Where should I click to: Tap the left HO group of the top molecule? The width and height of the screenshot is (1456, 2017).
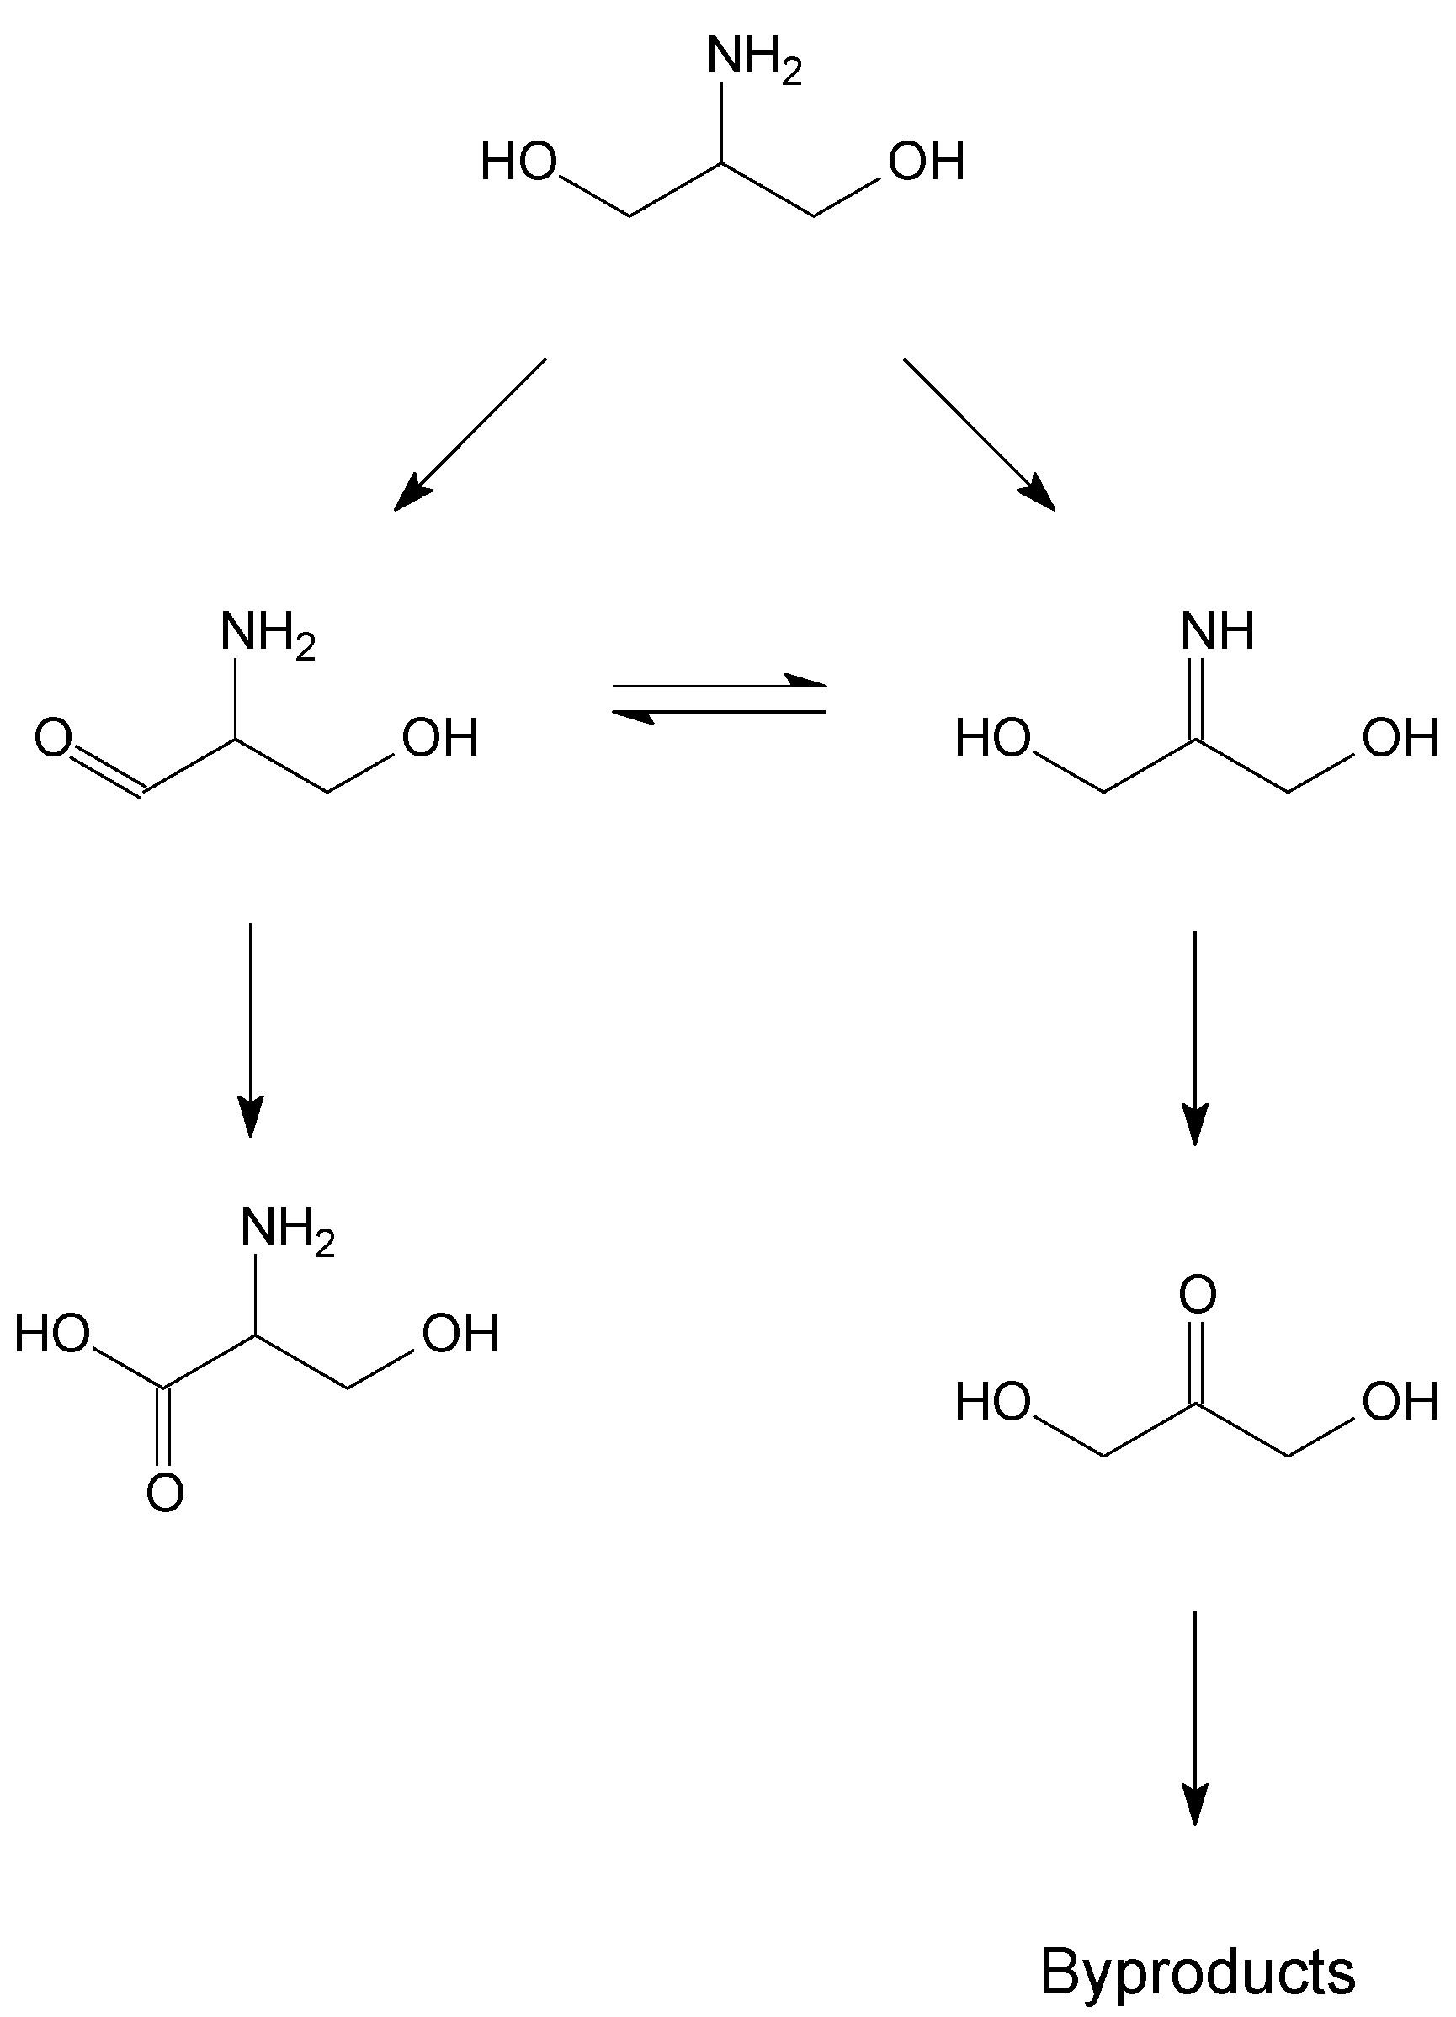pos(518,162)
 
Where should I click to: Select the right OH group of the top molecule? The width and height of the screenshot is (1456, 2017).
pos(927,162)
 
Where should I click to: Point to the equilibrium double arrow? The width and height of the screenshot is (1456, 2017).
pos(720,699)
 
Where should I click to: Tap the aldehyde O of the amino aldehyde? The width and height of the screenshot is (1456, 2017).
pos(53,738)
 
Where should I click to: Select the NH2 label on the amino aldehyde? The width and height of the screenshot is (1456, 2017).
pos(267,635)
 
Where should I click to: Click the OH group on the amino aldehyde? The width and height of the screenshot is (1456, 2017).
pos(440,738)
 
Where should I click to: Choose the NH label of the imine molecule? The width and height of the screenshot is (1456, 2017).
pos(1218,631)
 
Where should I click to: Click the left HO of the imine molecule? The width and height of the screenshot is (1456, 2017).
pos(992,738)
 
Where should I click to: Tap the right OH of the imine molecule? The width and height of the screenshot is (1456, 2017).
pos(1400,738)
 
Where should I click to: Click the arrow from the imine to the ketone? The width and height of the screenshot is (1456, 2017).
pos(1194,1037)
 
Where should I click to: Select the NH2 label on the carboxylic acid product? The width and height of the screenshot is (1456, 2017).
pos(286,1231)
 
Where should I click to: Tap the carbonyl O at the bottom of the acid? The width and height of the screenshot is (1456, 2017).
pos(165,1492)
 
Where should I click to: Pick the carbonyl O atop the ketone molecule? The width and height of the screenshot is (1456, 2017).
pos(1197,1294)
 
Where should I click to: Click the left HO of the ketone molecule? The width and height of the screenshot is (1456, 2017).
pos(992,1403)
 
